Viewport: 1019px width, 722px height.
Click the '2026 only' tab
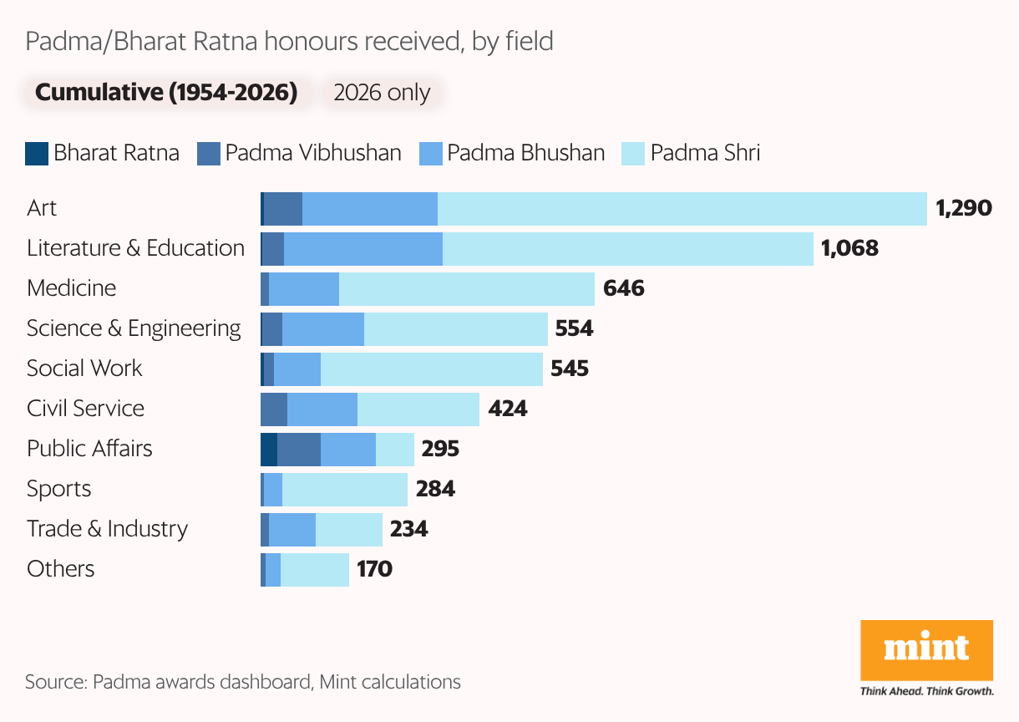pyautogui.click(x=382, y=93)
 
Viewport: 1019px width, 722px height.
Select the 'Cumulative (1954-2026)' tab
pyautogui.click(x=166, y=92)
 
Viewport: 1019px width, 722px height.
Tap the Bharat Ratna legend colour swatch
pyautogui.click(x=37, y=154)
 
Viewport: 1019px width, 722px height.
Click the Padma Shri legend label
pyautogui.click(x=705, y=154)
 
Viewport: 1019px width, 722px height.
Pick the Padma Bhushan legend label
pyautogui.click(x=525, y=154)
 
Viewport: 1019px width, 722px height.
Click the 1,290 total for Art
pyautogui.click(x=964, y=208)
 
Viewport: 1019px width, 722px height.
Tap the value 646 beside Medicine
pyautogui.click(x=623, y=288)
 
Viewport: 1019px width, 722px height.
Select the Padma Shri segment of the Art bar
pyautogui.click(x=682, y=209)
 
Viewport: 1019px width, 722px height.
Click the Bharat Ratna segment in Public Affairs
pyautogui.click(x=269, y=450)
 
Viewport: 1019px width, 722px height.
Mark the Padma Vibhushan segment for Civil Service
pyautogui.click(x=274, y=409)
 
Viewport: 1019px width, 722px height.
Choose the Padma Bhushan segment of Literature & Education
pyautogui.click(x=363, y=249)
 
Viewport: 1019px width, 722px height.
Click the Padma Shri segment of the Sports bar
pyautogui.click(x=344, y=490)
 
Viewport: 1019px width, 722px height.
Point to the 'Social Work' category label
pyautogui.click(x=84, y=369)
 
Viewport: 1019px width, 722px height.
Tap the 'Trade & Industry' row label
pyautogui.click(x=107, y=529)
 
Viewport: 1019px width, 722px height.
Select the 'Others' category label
pyautogui.click(x=61, y=569)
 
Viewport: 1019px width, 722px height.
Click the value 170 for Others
pyautogui.click(x=374, y=569)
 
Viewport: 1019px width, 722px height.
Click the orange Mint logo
pyautogui.click(x=926, y=650)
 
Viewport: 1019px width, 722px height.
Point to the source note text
pyautogui.click(x=243, y=682)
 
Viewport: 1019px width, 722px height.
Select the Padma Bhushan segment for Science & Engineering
pyautogui.click(x=323, y=329)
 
